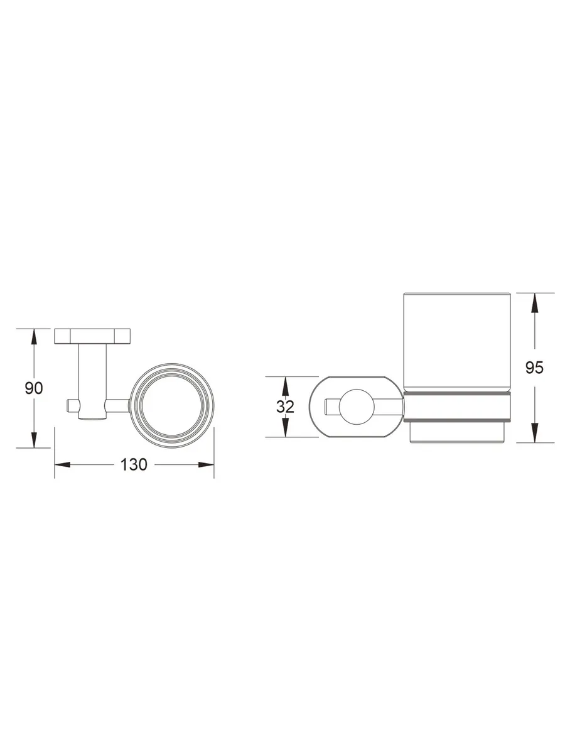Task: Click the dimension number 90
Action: coord(34,388)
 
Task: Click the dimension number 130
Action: coord(134,464)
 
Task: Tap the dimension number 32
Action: coord(285,407)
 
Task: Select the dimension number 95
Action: coord(534,368)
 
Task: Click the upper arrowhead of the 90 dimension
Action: coord(34,337)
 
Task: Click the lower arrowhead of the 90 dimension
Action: coord(34,440)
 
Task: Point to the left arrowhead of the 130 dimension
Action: coord(62,465)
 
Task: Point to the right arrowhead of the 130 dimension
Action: coord(206,465)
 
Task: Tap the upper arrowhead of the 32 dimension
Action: coord(285,385)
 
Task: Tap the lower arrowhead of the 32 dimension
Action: coord(285,429)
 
